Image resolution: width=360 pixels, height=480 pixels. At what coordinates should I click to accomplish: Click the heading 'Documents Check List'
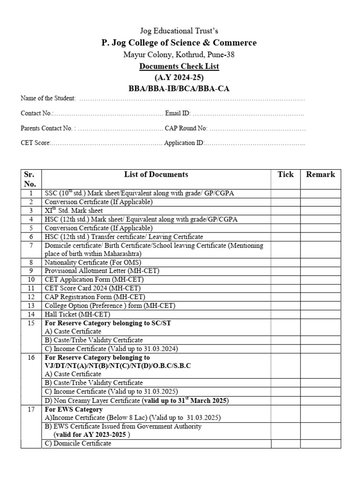180,67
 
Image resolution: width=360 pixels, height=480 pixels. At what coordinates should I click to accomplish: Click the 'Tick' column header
285,174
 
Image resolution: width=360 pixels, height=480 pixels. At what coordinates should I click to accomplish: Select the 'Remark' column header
321,174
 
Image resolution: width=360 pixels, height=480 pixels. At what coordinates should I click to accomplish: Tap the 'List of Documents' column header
156,174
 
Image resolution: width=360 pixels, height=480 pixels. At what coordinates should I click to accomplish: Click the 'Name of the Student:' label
48,98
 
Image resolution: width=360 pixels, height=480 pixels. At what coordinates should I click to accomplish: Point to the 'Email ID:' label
178,113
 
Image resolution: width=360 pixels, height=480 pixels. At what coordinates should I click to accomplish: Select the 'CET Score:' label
36,143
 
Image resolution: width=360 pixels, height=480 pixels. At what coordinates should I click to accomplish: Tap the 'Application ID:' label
184,143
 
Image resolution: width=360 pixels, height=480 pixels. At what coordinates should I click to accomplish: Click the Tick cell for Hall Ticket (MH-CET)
285,314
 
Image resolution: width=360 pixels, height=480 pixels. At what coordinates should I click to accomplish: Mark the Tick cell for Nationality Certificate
285,262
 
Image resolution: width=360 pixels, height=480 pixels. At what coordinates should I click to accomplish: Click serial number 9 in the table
31,271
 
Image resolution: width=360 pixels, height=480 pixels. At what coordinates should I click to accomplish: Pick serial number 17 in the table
31,409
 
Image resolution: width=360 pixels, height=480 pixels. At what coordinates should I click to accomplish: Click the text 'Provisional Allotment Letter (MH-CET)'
100,271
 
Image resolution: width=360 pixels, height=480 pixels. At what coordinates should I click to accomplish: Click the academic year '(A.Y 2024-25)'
180,77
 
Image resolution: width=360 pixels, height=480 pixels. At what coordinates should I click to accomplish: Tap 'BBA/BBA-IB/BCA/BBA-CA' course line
180,88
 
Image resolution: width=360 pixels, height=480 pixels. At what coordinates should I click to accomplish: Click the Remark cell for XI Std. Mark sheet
321,211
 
